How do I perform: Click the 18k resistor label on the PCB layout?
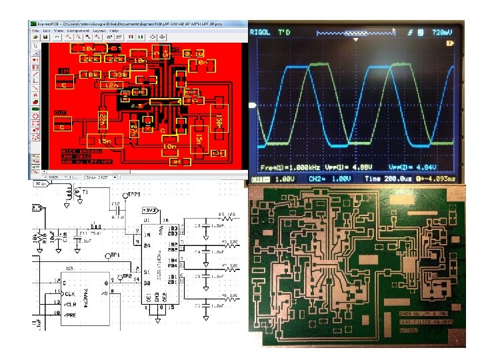coord(92,75)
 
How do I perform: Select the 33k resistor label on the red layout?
coord(119,75)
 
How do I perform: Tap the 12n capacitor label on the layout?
coord(109,85)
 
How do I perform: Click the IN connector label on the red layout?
coord(65,71)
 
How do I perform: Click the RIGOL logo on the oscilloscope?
coord(260,31)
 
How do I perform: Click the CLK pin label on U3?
coord(69,293)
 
